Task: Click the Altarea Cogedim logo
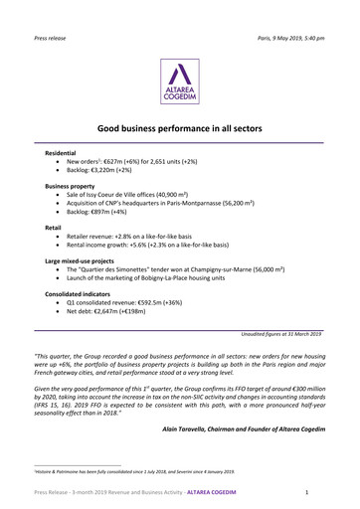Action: click(180, 81)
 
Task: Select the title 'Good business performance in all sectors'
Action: click(180, 129)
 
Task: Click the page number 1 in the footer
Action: click(309, 493)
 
